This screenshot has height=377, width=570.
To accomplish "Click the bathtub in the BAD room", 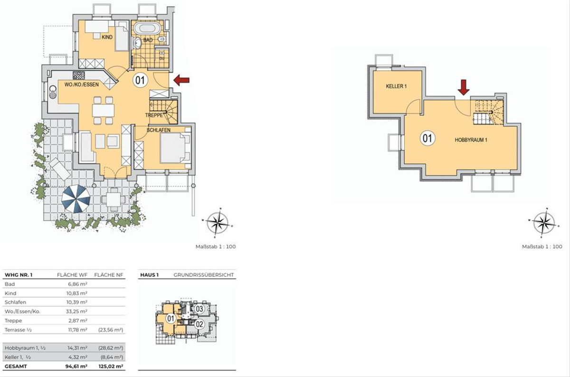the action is [147, 29].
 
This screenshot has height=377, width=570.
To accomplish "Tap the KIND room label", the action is [107, 37].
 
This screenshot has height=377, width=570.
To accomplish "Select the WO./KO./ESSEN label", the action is [81, 85].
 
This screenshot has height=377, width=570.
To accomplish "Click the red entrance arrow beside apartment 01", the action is [181, 80].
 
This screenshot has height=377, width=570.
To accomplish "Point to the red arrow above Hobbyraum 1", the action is [464, 87].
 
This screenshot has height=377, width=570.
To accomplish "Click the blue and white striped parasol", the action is [76, 198].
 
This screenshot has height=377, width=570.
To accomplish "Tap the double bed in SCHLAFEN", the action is [175, 148].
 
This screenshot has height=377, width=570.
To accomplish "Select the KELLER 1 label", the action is [396, 86].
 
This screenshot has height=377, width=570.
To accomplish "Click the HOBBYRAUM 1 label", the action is [471, 140].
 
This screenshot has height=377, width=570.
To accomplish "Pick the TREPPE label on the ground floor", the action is [154, 115].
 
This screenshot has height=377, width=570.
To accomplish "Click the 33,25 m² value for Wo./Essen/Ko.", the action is [77, 311].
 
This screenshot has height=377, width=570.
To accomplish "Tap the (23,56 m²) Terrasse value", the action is [111, 330].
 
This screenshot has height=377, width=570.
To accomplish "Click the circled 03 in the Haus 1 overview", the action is [199, 309].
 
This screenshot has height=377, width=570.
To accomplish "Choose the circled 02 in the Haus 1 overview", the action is [199, 324].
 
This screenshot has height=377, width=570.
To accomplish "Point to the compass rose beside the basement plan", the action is [543, 223].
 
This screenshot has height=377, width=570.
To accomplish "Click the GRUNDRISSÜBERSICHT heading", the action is [204, 275].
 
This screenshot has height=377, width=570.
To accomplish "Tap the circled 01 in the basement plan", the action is [427, 139].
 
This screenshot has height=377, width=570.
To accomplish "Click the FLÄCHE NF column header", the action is [109, 275].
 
